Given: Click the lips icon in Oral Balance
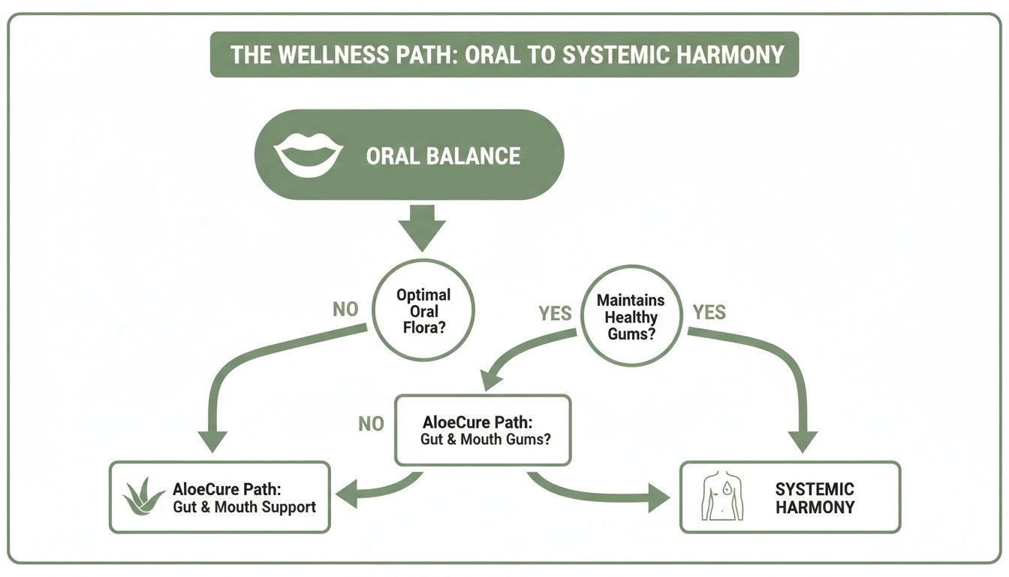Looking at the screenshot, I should tap(308, 156).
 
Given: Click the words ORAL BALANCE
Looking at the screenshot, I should tap(443, 156).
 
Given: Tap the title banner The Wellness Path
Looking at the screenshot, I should tap(504, 54).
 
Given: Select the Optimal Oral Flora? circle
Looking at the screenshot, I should tap(423, 312).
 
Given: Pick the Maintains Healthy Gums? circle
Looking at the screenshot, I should tap(631, 316).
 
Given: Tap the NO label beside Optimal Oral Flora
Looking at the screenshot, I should tap(345, 310).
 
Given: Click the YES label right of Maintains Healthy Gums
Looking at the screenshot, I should tap(709, 312).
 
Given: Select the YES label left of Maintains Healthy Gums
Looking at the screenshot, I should tap(555, 313).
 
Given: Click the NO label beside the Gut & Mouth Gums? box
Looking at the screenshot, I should tap(371, 424).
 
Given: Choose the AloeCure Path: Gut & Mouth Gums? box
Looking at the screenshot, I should tap(483, 430).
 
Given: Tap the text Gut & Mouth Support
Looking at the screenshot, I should tap(245, 507).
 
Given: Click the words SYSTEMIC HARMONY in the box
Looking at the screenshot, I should tap(815, 497).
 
